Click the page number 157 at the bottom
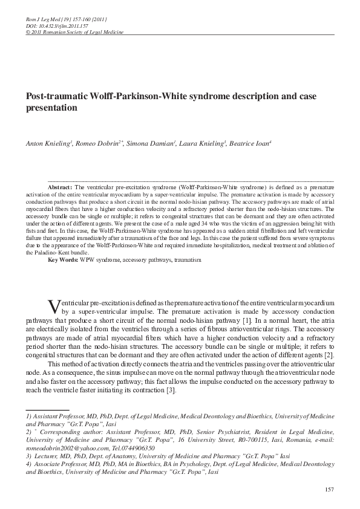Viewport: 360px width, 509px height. coord(329,489)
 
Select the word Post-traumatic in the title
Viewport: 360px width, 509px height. coord(53,97)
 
